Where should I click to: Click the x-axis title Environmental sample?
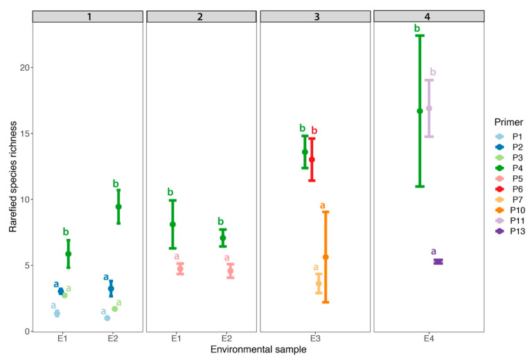(258, 350)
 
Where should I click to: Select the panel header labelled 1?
(89, 16)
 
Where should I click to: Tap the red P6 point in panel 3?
(312, 160)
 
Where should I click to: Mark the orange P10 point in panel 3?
(326, 257)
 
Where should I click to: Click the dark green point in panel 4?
(420, 111)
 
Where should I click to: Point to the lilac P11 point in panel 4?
(429, 108)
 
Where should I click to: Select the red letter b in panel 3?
(314, 130)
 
